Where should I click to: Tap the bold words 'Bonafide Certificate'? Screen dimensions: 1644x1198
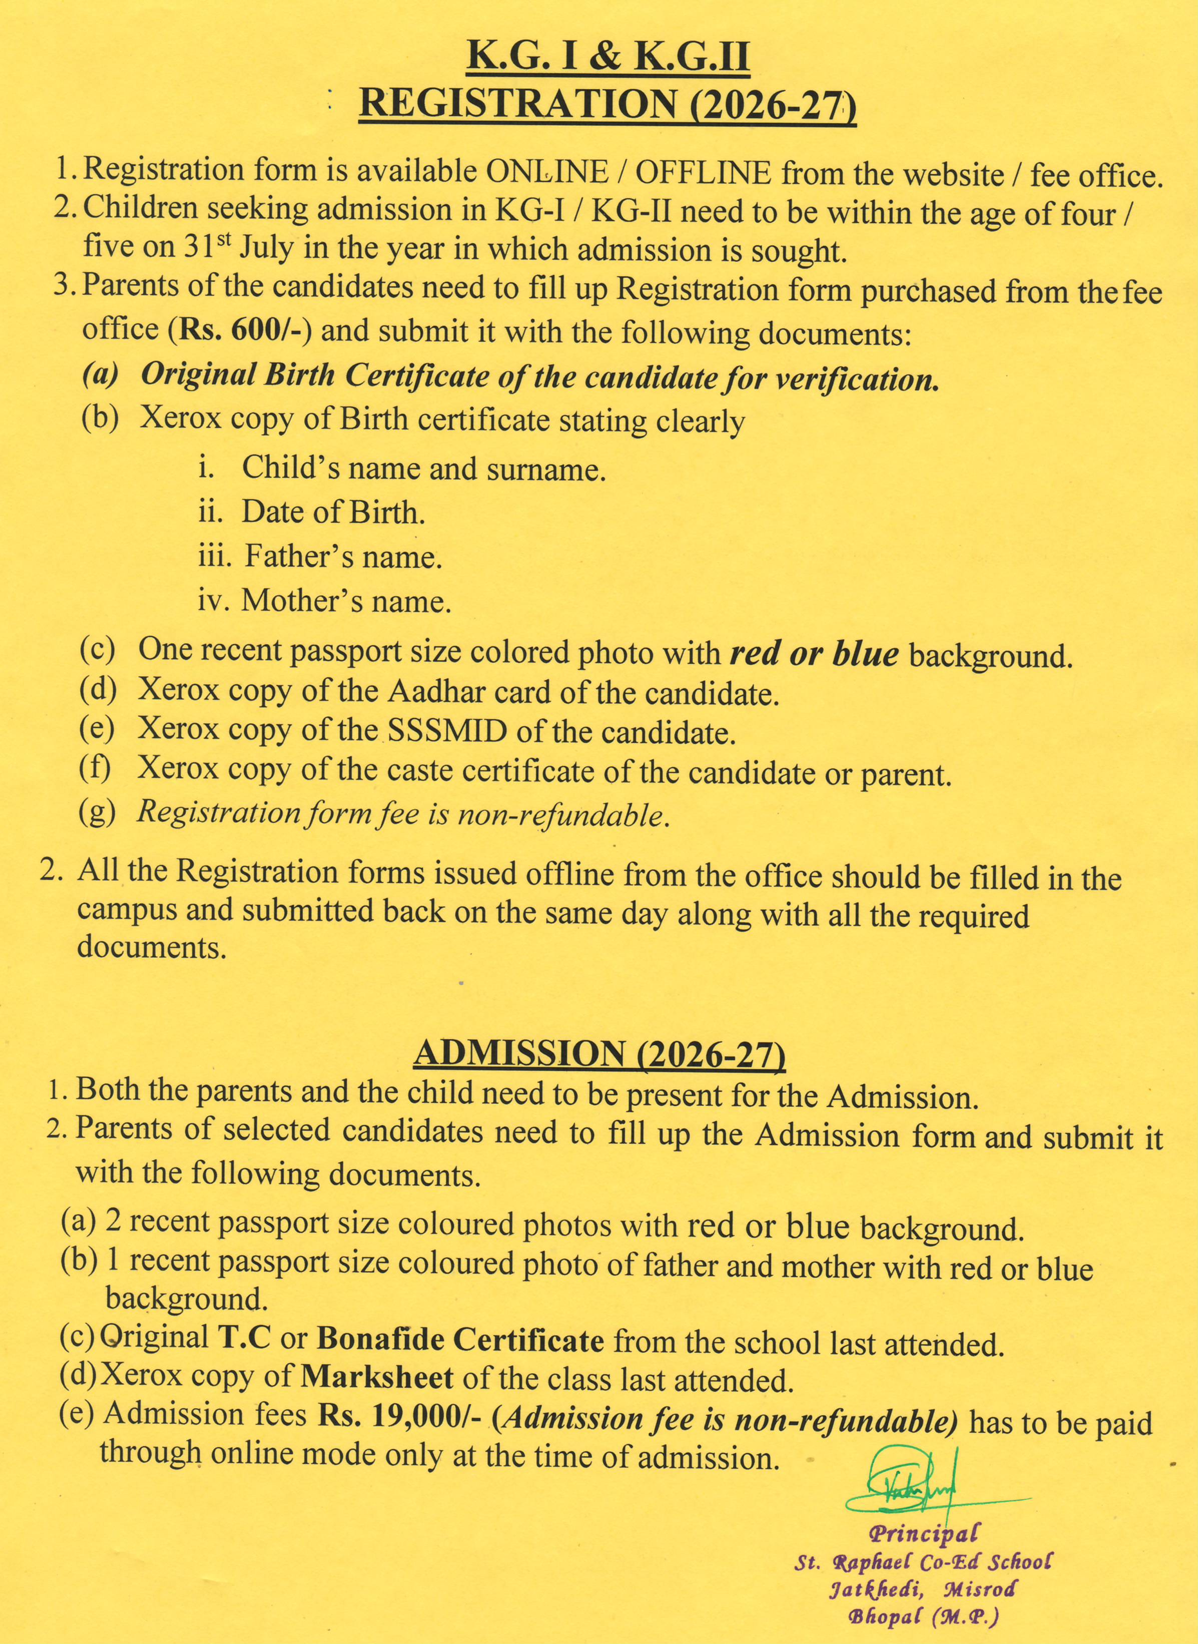pyautogui.click(x=460, y=1339)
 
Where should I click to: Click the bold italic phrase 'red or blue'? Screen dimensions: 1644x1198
pyautogui.click(x=814, y=654)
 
